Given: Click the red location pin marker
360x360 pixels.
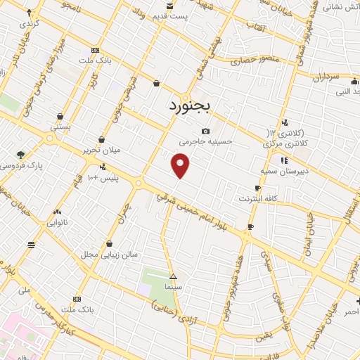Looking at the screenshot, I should coord(181,166).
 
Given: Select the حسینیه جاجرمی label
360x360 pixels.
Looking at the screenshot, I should coord(205,141).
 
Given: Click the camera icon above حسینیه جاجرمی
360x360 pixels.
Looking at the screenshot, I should coord(205,131).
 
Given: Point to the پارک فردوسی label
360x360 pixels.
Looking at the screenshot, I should coord(20,166).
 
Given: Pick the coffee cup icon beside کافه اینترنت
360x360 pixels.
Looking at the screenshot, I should coord(257,188).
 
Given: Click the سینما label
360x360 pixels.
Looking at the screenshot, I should coord(173,288).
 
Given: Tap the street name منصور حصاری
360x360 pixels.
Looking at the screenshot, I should coord(258,63).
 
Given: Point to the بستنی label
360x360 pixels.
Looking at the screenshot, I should coord(60,127).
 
